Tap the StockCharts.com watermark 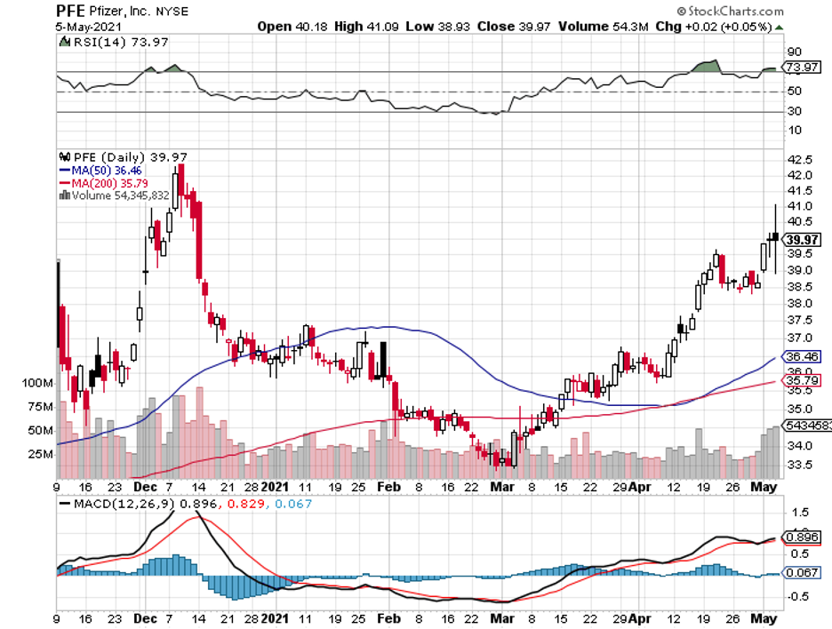[730, 12]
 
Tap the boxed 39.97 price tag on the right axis [800, 239]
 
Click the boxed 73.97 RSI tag [800, 68]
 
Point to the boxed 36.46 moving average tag [800, 357]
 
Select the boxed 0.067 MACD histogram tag [800, 573]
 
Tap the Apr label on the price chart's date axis [640, 487]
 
